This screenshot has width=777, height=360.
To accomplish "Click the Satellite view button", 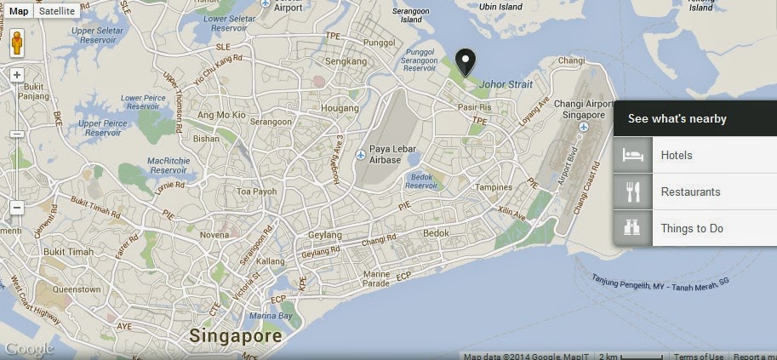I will tap(58, 11).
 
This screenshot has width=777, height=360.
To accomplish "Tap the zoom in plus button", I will tap(17, 75).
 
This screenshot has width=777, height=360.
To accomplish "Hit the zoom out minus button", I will tap(17, 207).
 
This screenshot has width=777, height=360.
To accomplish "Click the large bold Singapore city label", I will tap(236, 335).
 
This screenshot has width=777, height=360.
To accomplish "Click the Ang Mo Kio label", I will tap(221, 115).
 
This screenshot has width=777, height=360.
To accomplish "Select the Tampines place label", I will tap(494, 187).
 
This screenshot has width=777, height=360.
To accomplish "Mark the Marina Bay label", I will tap(271, 316).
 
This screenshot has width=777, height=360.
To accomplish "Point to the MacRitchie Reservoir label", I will tap(151, 165).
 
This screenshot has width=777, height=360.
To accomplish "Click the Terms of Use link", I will tap(699, 357).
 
